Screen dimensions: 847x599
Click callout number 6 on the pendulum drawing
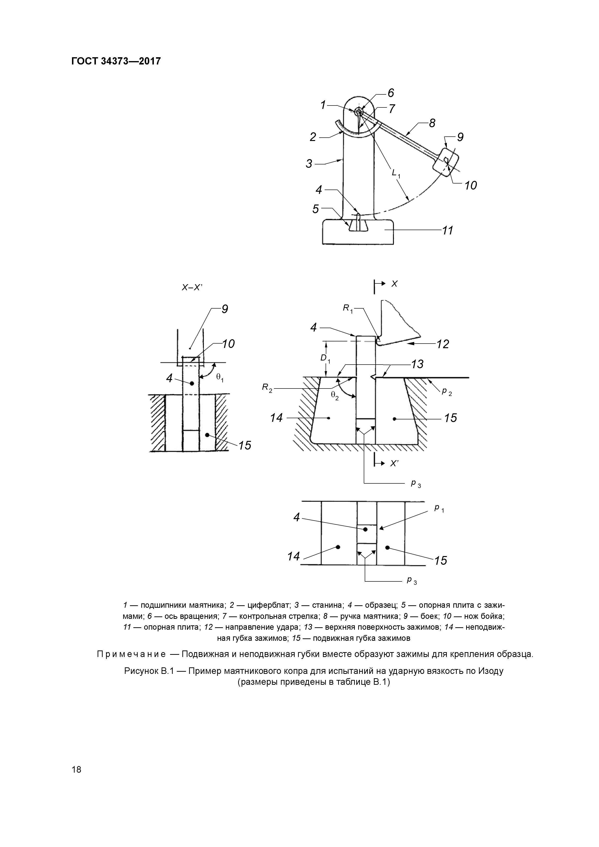coord(391,92)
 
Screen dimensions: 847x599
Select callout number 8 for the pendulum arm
coord(432,123)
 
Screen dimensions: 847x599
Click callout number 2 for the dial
coord(313,137)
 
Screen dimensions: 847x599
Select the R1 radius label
coord(348,308)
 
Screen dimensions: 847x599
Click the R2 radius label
coord(267,388)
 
